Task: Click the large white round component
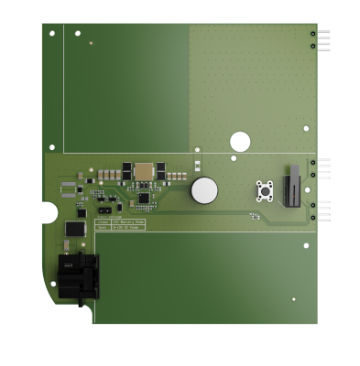(204, 190)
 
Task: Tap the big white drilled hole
(240, 141)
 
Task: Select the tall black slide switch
(293, 187)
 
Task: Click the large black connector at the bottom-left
(76, 274)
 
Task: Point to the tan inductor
(144, 171)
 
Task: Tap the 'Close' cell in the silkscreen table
(103, 221)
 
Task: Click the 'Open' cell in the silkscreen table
(103, 228)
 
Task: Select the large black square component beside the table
(76, 228)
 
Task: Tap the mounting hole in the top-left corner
(52, 34)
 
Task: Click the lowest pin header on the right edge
(317, 212)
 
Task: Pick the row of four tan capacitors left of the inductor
(114, 172)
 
